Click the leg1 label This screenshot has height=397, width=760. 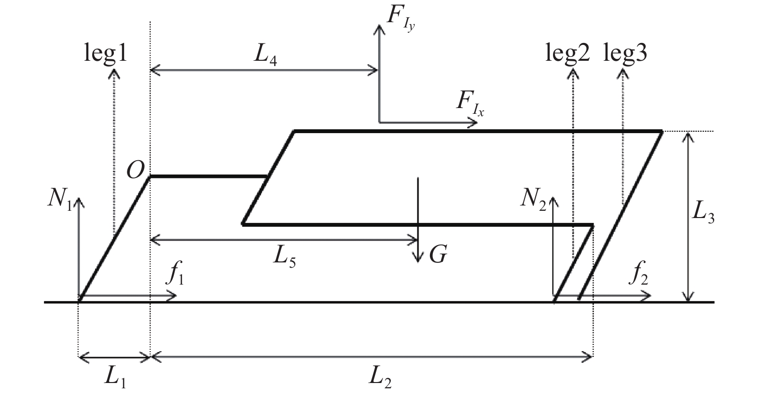pos(106,53)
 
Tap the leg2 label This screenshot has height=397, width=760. pos(567,53)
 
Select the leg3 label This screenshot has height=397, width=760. pos(625,53)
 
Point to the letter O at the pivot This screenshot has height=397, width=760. pos(136,170)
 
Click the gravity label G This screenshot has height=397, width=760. pos(438,254)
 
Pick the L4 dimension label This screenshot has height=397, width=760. pos(265,55)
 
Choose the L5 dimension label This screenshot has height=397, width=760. pos(284,257)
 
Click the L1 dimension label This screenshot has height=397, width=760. pos(115,377)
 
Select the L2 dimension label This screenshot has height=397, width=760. pos(380,377)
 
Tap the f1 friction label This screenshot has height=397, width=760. pos(175,273)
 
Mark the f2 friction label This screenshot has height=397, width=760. pos(638,273)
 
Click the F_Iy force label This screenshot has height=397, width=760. pos(401,18)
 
